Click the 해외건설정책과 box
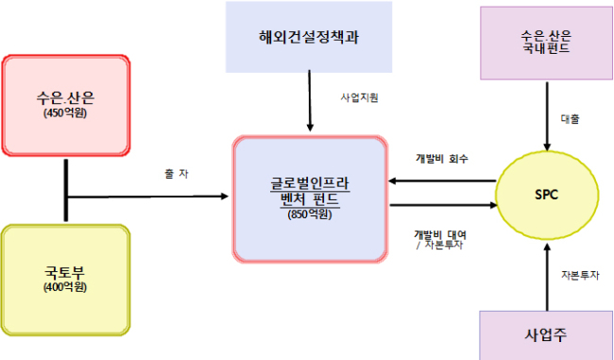309,37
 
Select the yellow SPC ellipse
547,195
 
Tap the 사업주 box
546,335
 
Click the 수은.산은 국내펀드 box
546,43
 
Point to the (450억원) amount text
65,112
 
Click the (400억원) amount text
65,287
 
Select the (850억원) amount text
309,214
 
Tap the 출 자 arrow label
177,174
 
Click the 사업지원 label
360,97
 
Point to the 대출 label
570,119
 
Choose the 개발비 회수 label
442,159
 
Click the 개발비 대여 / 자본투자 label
440,240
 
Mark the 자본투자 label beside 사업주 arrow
580,275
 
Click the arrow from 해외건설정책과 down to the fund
310,101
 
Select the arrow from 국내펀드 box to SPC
547,116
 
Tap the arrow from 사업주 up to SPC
547,278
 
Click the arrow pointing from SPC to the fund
442,181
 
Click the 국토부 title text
65,272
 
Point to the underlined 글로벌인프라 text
309,183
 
